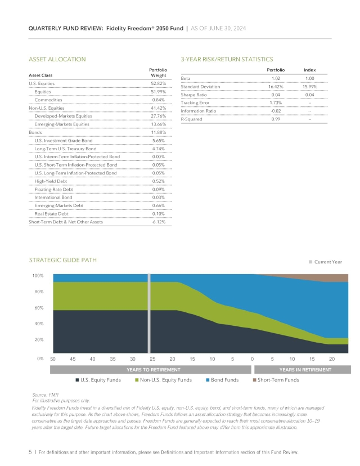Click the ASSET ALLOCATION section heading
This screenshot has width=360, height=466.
click(57, 59)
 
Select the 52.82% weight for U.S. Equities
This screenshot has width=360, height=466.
click(159, 83)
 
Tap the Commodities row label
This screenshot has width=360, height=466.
click(48, 100)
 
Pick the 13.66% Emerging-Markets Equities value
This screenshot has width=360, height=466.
click(159, 124)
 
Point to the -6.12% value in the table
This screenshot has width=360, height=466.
click(159, 222)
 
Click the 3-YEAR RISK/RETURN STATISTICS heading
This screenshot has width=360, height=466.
click(226, 59)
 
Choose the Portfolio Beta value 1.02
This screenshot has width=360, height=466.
click(276, 78)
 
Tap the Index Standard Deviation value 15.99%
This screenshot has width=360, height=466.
click(309, 87)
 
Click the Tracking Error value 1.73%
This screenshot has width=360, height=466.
click(276, 103)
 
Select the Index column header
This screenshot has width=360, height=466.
click(309, 69)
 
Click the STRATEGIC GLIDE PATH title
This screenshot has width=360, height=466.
click(62, 260)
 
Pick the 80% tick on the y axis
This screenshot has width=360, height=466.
click(39, 292)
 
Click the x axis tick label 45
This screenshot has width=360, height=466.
click(73, 359)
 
